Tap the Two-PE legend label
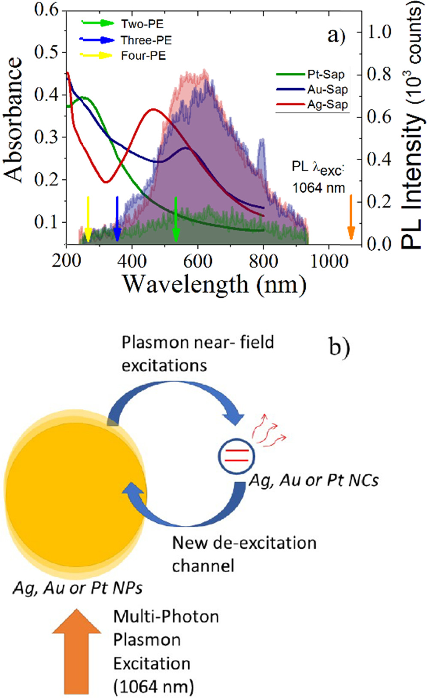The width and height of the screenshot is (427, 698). tap(142, 24)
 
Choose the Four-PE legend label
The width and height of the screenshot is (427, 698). tap(143, 56)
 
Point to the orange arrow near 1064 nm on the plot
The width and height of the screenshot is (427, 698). tap(351, 217)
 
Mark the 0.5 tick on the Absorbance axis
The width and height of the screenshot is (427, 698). tap(47, 52)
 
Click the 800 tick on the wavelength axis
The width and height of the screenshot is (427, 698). tap(263, 261)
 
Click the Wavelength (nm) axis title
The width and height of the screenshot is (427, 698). tap(215, 284)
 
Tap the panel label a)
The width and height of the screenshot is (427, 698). tap(336, 36)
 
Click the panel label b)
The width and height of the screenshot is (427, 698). tap(339, 347)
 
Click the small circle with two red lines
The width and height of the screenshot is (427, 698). tap(236, 456)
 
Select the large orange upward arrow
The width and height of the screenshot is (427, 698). tap(76, 651)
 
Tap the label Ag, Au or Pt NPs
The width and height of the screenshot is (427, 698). tap(78, 587)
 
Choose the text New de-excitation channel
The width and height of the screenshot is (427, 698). tap(244, 554)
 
